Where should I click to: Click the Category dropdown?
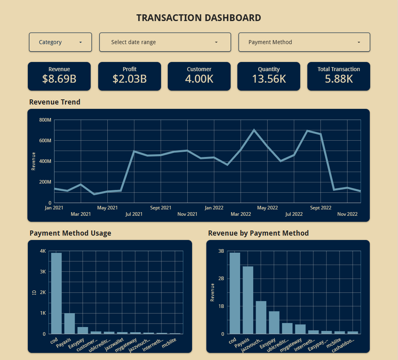coord(60,42)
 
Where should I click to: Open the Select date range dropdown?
coord(165,42)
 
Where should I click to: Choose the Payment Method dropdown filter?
coord(304,42)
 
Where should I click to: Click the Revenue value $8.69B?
coord(59,79)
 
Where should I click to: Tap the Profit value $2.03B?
coord(130,79)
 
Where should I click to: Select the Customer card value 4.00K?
coord(199,79)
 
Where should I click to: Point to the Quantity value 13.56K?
coord(269,79)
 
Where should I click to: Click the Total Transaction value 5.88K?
coord(339,79)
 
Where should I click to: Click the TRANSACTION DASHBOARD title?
coord(199,17)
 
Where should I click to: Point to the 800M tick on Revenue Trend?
coord(45,120)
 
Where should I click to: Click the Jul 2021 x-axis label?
coord(134,214)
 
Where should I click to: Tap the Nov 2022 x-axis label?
coord(347,214)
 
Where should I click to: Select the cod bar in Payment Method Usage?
coord(56,293)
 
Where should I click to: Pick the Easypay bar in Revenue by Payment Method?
coord(274,322)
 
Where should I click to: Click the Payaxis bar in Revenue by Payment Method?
coord(248,300)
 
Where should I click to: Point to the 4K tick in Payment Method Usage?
coord(43,251)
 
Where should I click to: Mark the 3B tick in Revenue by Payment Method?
coord(221,251)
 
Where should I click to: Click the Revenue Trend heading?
coord(55,102)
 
